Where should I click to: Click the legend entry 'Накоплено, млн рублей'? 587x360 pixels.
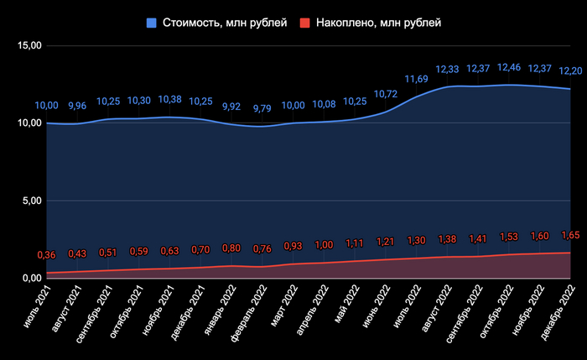378,23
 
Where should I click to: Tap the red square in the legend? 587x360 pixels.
306,23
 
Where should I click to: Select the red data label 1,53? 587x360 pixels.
509,237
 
